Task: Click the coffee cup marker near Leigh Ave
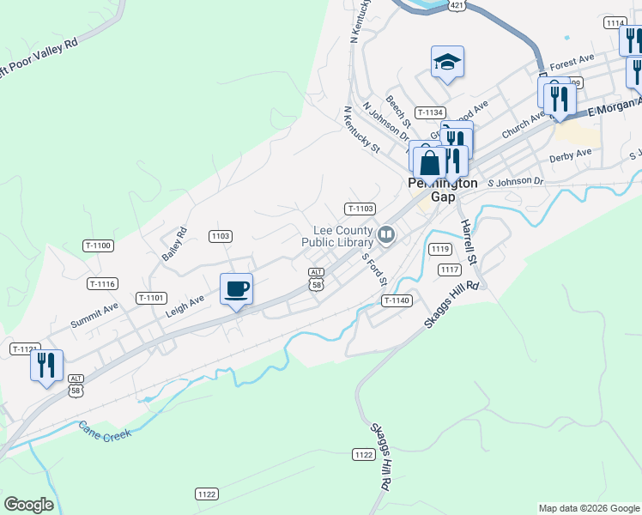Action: click(236, 288)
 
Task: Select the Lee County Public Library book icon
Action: click(386, 233)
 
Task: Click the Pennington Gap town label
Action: click(442, 190)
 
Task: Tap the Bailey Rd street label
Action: click(174, 245)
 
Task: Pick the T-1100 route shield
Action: click(99, 246)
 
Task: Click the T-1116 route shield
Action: click(102, 283)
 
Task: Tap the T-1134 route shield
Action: click(430, 112)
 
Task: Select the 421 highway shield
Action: click(457, 5)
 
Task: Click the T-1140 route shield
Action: click(397, 300)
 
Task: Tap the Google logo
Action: click(28, 505)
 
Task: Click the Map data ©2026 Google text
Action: click(589, 508)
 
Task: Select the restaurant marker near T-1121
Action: click(46, 365)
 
